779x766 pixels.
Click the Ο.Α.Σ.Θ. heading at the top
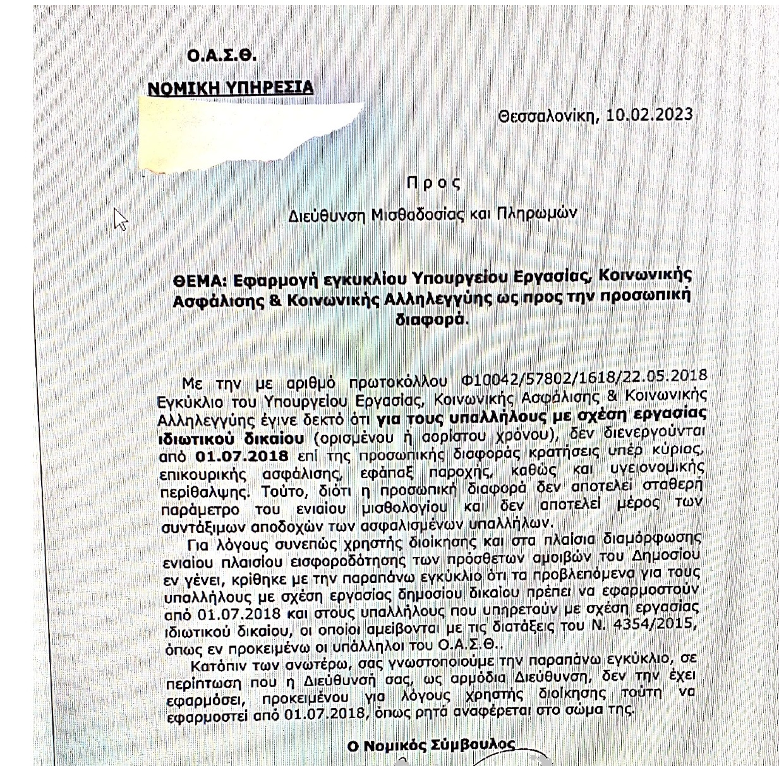(222, 56)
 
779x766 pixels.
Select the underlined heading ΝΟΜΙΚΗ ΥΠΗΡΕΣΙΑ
(230, 87)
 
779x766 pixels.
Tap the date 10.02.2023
(649, 115)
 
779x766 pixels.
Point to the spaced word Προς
(433, 183)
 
